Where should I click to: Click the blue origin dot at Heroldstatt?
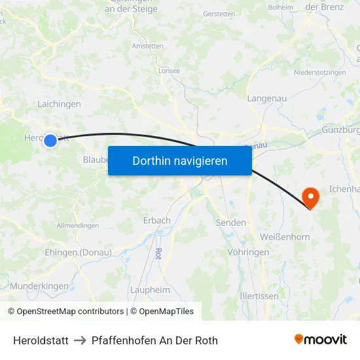(50, 139)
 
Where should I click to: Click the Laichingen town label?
(59, 104)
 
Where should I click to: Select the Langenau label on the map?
(267, 98)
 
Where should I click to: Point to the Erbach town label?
(157, 221)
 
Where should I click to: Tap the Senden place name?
(231, 223)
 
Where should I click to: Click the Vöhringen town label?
(248, 252)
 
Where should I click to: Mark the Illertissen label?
(259, 295)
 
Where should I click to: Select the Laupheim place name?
(150, 290)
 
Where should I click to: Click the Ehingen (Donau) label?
(78, 253)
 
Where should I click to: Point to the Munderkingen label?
(39, 286)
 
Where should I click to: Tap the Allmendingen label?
(78, 226)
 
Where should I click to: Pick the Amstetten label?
(147, 46)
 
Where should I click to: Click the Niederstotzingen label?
(319, 72)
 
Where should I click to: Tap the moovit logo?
(321, 340)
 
